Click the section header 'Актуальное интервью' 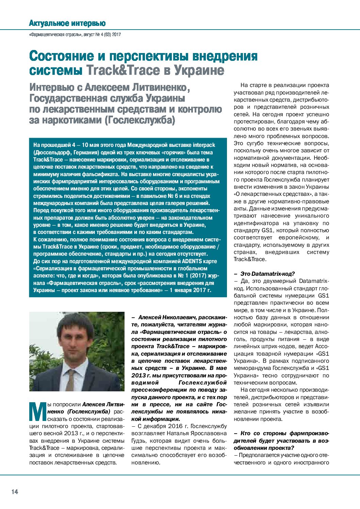tap(67, 23)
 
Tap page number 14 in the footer tap(15, 491)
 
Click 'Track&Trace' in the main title tap(122, 70)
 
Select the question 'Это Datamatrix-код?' tap(267, 274)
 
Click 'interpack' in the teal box tap(204, 145)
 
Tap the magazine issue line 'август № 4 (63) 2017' tap(102, 34)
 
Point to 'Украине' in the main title tap(199, 70)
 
